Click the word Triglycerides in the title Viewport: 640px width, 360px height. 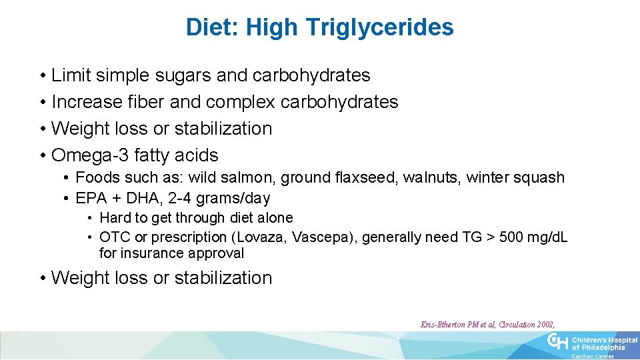(380, 27)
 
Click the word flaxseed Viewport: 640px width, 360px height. (368, 178)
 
